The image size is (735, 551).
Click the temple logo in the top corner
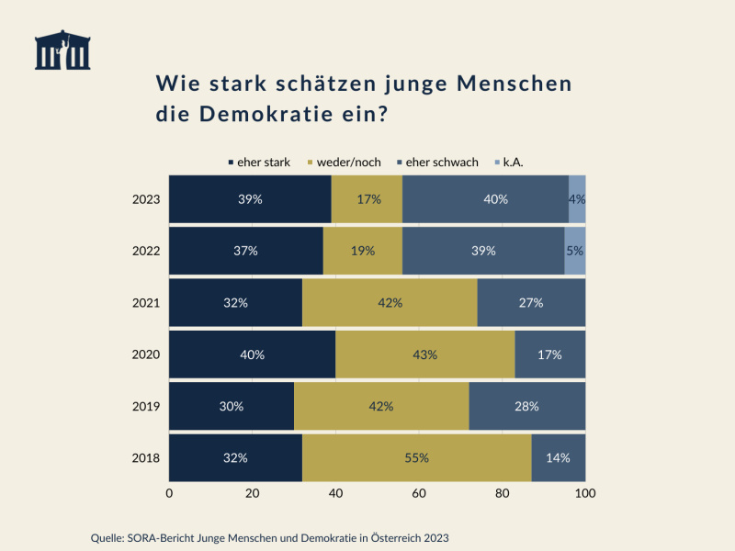point(62,51)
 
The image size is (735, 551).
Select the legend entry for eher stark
point(259,163)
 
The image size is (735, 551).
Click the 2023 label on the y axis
point(146,199)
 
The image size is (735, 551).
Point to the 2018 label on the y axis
point(146,457)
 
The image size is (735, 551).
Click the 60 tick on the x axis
point(419,493)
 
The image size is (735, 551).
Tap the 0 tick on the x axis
point(169,493)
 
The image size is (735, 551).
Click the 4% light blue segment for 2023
point(577,199)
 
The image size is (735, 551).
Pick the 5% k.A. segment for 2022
point(575,251)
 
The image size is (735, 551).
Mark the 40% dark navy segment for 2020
point(252,354)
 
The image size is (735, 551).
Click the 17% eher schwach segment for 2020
point(549,354)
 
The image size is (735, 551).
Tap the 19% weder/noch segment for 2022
point(362,251)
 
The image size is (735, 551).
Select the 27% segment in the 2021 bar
point(531,303)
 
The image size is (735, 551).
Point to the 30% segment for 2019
point(232,406)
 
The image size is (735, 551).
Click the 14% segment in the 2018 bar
point(558,457)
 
